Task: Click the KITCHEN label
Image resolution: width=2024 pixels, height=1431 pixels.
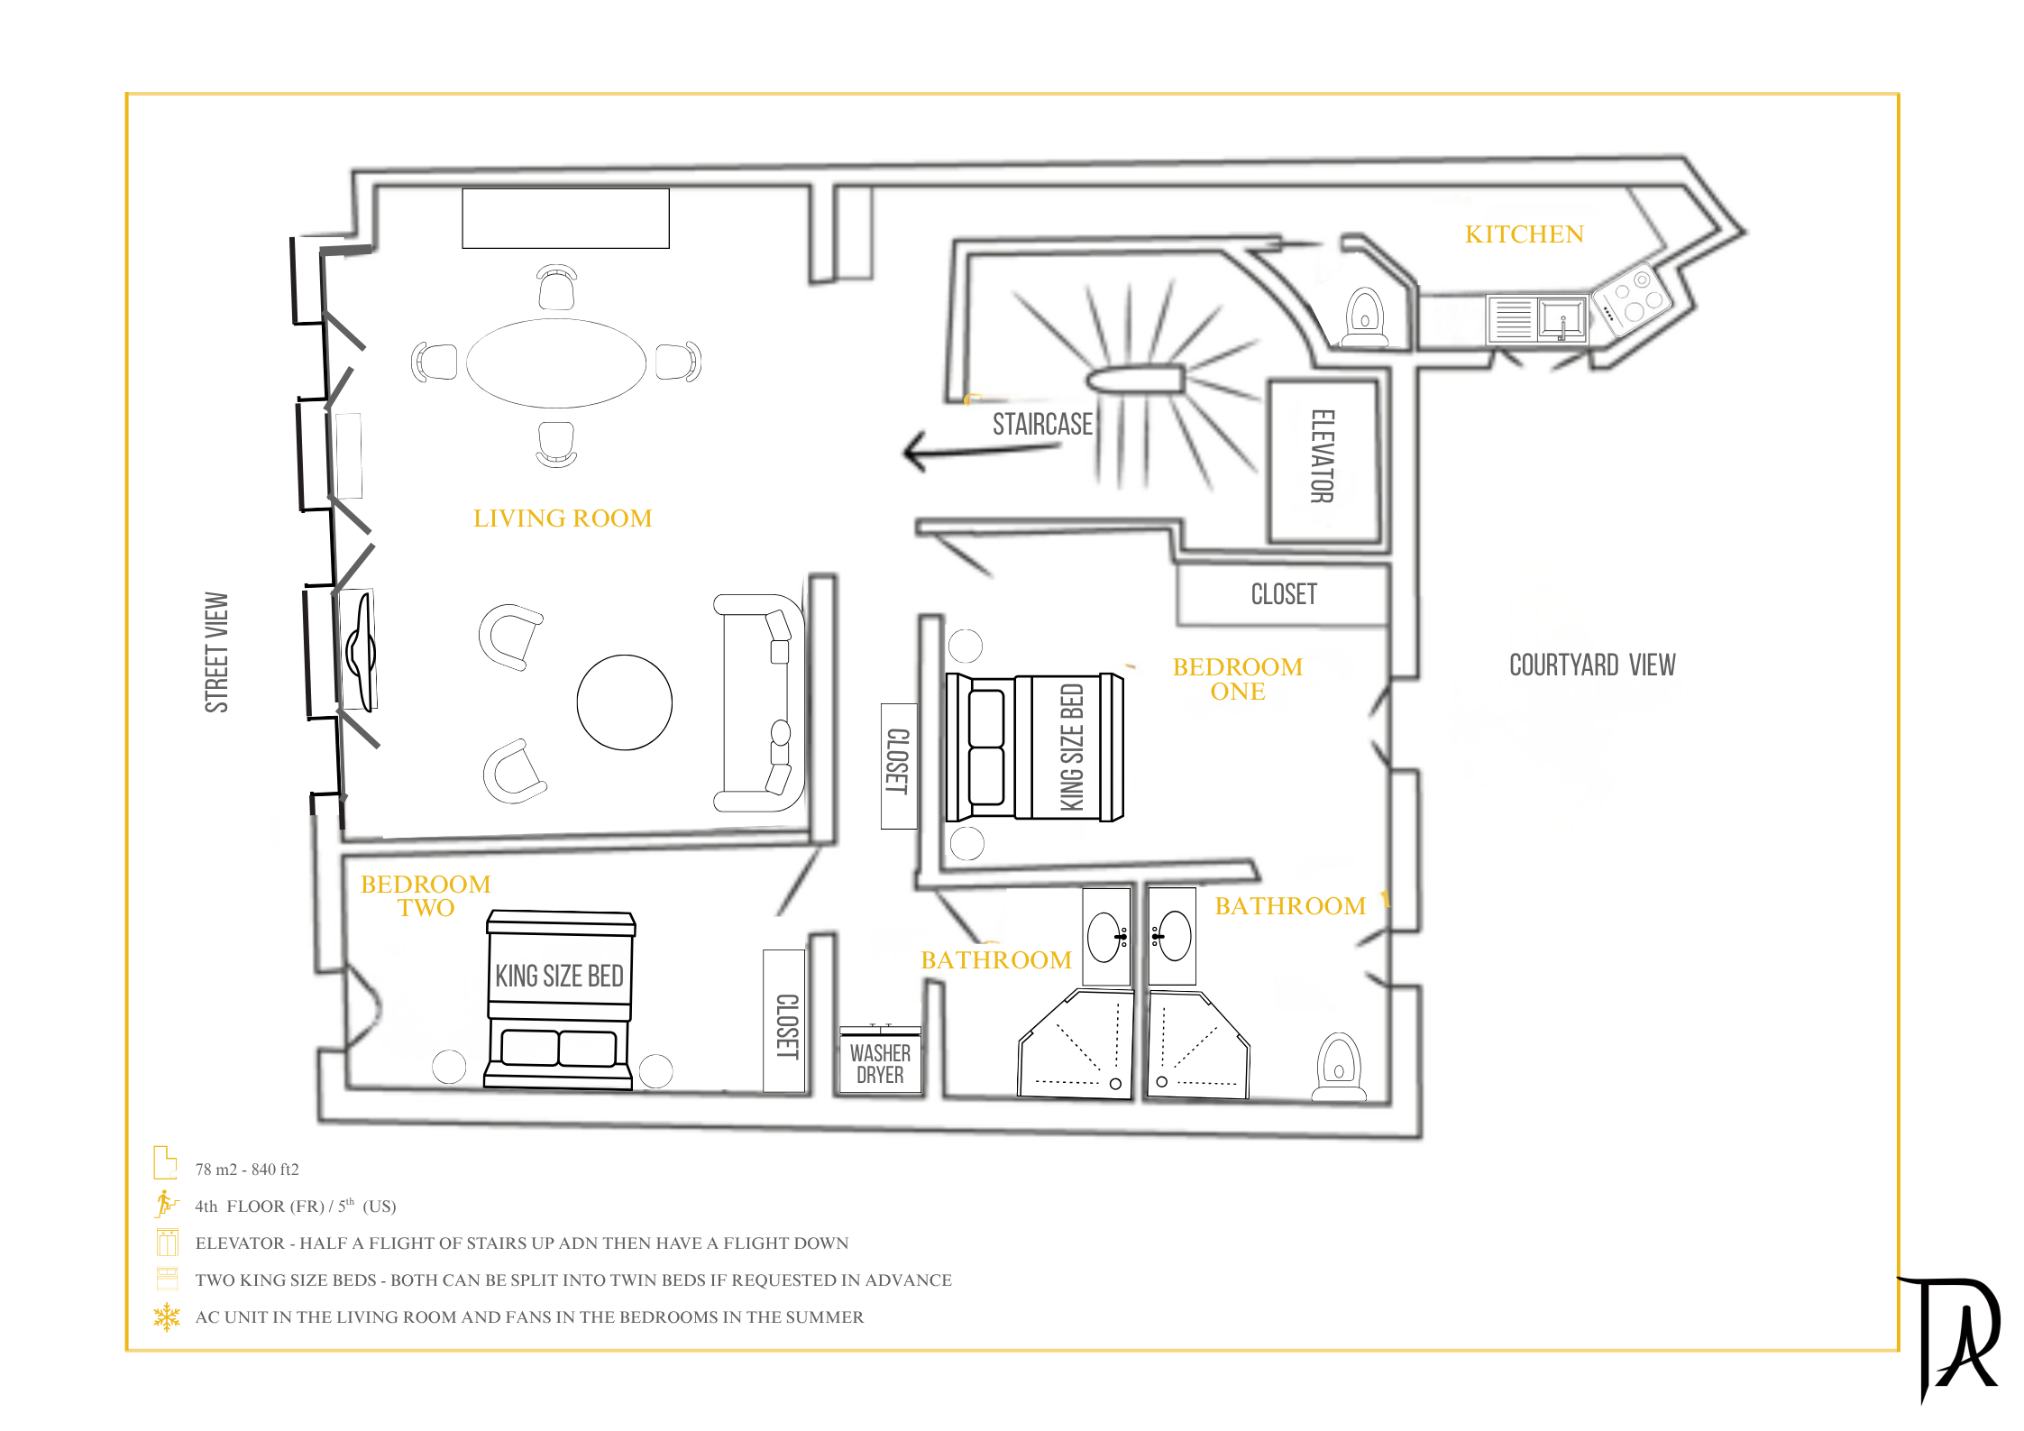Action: click(1524, 234)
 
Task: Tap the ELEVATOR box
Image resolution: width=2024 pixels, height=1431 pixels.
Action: click(1323, 461)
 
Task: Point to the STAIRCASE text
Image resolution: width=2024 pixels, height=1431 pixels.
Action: click(1042, 424)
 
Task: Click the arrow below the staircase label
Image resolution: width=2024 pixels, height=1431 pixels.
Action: click(981, 450)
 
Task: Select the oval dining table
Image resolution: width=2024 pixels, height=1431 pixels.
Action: click(556, 363)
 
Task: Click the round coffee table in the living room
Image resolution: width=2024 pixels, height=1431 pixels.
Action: click(624, 702)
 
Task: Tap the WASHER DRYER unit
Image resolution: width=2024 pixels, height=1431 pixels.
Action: click(880, 1060)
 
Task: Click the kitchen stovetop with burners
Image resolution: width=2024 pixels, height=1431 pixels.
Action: click(1632, 298)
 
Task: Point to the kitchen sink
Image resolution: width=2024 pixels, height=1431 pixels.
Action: click(1562, 319)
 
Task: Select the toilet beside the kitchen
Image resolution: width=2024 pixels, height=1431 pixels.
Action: click(1365, 317)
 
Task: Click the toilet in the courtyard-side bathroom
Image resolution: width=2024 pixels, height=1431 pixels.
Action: click(1339, 1067)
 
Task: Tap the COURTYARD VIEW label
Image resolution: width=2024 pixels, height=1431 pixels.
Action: click(1592, 665)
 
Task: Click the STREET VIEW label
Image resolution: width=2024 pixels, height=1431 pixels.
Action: click(216, 652)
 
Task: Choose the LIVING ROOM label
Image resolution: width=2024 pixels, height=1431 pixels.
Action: click(563, 518)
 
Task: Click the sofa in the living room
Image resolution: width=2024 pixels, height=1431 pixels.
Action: click(758, 702)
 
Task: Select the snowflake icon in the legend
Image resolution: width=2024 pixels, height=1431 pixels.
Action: click(167, 1317)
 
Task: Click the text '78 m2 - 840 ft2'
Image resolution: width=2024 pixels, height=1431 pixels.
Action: click(247, 1170)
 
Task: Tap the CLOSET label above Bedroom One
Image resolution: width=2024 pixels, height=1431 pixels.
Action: click(1284, 594)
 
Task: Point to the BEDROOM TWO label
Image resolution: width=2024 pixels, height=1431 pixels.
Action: click(426, 895)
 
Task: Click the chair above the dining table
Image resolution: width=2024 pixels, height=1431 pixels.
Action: click(556, 288)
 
